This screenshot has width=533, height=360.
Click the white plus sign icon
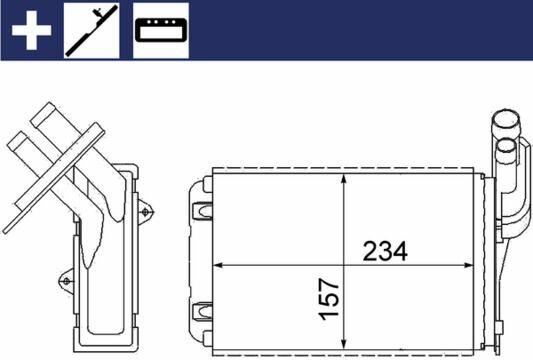click(x=31, y=30)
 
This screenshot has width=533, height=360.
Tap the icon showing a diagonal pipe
click(x=92, y=31)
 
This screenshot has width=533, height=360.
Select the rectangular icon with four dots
click(x=161, y=31)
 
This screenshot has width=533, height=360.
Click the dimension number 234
click(x=385, y=251)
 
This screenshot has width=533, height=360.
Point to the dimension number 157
click(x=329, y=299)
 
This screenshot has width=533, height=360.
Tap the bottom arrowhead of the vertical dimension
click(x=344, y=341)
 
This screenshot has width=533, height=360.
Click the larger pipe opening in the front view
click(x=506, y=119)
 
